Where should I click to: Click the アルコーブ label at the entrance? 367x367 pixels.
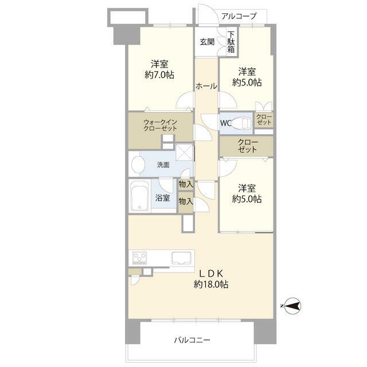tap(239, 16)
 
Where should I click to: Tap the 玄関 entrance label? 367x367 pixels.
tap(207, 42)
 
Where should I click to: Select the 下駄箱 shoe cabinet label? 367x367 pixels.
tap(231, 42)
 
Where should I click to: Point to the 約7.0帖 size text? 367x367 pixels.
tap(159, 75)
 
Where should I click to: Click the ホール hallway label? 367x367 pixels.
tap(206, 86)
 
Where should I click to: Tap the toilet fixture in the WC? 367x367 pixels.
tap(241, 123)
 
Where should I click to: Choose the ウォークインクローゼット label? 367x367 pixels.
tap(161, 125)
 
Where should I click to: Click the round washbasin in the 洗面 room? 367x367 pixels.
tap(138, 164)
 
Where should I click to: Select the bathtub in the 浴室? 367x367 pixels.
tap(140, 196)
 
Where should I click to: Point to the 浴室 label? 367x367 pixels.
tap(163, 198)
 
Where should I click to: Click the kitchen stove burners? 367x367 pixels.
tap(139, 258)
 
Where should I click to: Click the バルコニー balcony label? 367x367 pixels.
tap(192, 340)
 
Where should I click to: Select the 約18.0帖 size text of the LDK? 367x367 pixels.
tap(211, 284)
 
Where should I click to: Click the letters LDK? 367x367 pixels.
tap(212, 273)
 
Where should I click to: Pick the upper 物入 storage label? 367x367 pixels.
tap(186, 185)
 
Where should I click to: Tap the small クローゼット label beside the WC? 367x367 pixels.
tap(264, 119)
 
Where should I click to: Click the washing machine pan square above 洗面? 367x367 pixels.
tap(185, 152)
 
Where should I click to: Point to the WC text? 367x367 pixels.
tap(225, 123)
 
